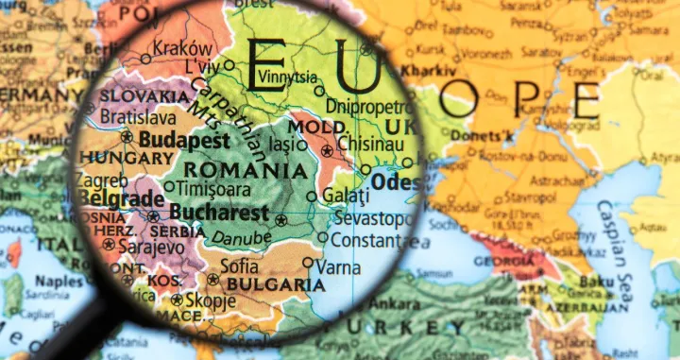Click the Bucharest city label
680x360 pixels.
[x=220, y=213]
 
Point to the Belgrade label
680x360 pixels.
[x=123, y=198]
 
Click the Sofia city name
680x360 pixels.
[x=240, y=266]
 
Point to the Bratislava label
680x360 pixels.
[x=138, y=118]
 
